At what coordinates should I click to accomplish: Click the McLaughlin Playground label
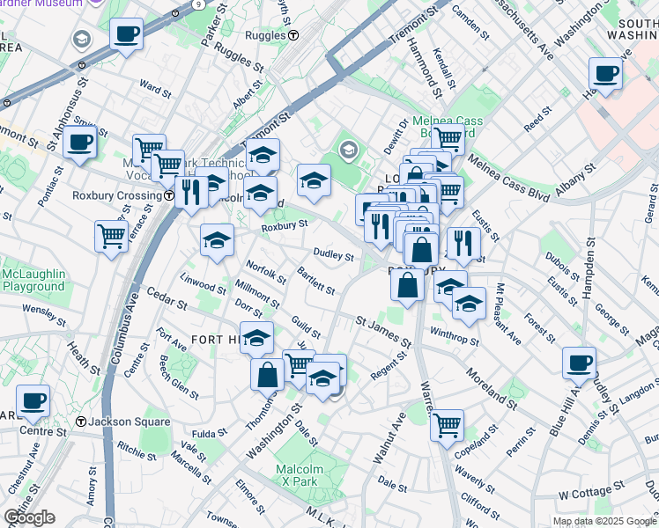(33, 279)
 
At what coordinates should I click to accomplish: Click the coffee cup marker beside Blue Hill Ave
(580, 363)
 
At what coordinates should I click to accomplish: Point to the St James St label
(383, 332)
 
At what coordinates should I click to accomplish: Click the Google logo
(29, 517)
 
